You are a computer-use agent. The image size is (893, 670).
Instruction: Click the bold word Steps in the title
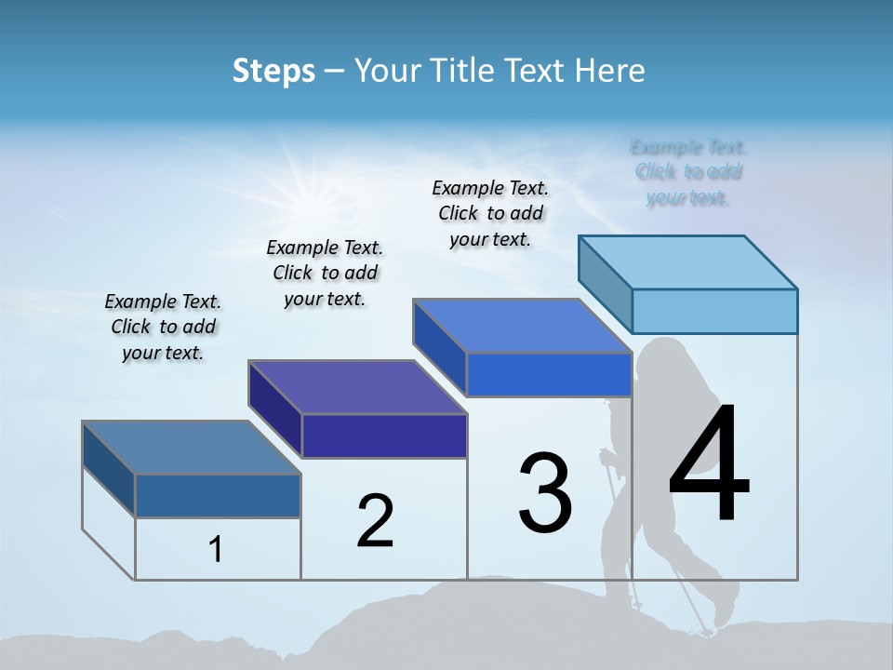pos(273,71)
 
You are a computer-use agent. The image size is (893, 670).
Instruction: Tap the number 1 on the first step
pos(216,550)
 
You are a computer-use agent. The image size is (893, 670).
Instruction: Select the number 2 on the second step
pos(375,521)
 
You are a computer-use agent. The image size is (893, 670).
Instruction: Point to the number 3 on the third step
pos(545,493)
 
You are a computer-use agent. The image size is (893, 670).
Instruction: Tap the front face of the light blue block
pos(714,311)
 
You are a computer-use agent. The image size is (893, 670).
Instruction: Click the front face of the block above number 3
pos(549,375)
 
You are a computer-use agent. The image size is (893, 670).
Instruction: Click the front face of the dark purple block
pos(384,435)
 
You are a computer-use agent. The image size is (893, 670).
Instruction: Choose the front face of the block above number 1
pos(218,496)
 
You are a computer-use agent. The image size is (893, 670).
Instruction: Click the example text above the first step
pos(163,327)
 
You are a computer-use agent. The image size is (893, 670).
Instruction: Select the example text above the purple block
pos(325,273)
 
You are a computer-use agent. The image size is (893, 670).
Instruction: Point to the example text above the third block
pos(490,213)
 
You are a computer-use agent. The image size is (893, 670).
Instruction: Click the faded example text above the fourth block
pos(688,172)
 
